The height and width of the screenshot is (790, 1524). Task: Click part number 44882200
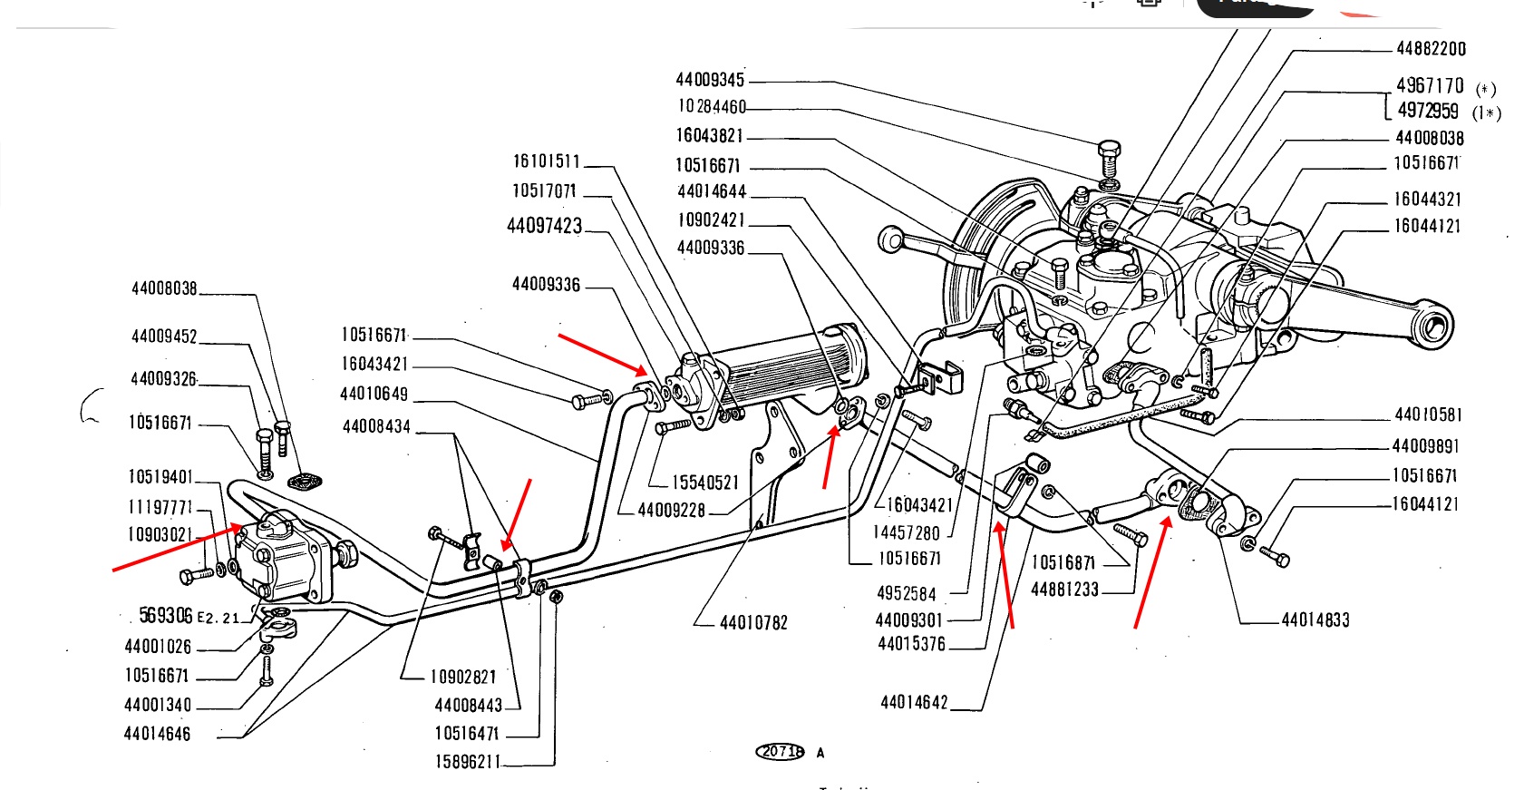(1431, 49)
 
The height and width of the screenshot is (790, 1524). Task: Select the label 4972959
(1428, 111)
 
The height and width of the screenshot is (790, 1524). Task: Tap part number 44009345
(710, 80)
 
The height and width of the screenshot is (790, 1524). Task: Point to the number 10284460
(712, 107)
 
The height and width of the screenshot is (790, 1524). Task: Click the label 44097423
(544, 226)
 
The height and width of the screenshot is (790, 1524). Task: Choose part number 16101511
(546, 161)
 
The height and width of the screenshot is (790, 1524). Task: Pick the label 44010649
(374, 394)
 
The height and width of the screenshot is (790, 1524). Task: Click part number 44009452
(164, 336)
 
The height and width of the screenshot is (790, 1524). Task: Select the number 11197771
(160, 507)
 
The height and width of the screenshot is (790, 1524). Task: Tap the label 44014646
(157, 734)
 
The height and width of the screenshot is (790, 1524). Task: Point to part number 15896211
(467, 762)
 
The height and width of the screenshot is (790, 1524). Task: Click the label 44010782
(753, 623)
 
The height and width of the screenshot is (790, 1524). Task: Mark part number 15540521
(705, 483)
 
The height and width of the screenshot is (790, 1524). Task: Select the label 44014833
(1315, 620)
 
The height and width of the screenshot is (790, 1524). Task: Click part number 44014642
(914, 703)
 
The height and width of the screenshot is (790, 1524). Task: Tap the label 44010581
(1428, 415)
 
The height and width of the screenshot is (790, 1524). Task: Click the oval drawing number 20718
(780, 752)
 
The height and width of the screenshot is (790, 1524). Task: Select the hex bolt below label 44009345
(1108, 160)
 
